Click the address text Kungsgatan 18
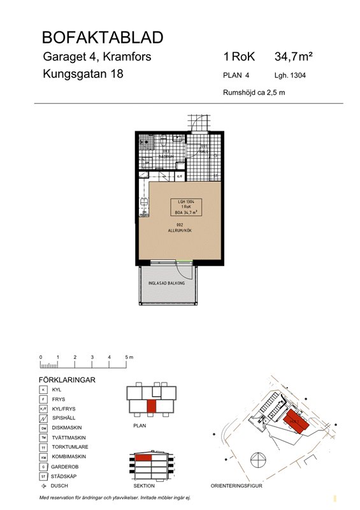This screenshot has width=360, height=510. point(83,74)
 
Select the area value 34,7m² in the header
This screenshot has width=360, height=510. point(294,57)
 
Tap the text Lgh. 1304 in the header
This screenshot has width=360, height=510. point(291,75)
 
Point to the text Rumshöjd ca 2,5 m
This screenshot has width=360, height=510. point(253,92)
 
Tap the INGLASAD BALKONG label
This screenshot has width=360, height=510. point(166,282)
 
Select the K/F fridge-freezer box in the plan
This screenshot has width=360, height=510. point(180,176)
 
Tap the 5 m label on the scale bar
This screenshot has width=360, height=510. point(129,357)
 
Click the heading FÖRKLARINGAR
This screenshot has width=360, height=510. point(68,379)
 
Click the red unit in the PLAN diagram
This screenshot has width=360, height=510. point(151,405)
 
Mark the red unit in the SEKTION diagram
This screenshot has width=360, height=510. point(143,458)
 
